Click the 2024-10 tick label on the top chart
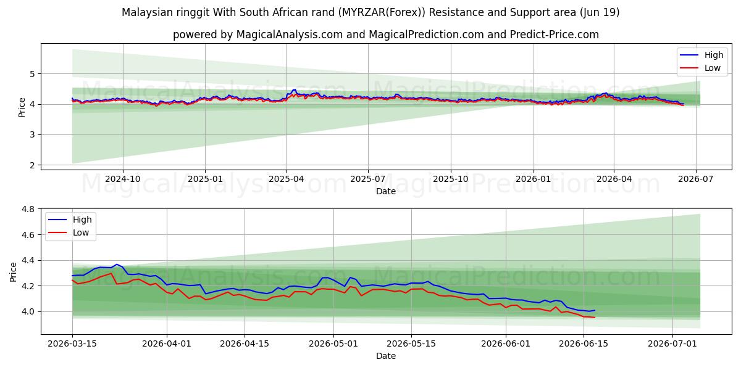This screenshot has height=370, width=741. pos(123,179)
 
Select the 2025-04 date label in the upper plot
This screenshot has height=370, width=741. pos(286,179)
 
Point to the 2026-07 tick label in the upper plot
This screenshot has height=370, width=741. pos(696,179)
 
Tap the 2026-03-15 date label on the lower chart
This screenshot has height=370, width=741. pos(72,343)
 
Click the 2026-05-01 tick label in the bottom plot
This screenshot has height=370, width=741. pos(333,343)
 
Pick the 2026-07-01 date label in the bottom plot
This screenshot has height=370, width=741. pos(672,343)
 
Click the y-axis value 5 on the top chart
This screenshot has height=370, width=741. pos(32,74)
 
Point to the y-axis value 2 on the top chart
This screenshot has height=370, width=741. pos(32,165)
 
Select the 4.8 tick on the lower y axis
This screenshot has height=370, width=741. pos(28,209)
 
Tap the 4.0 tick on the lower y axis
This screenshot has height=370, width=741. pos(28,311)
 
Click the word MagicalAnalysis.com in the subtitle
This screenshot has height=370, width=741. pos(290,35)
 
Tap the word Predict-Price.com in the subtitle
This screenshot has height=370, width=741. pos(555,35)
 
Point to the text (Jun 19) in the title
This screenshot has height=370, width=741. pos(600,12)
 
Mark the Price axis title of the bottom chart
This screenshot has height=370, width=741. pos(13,272)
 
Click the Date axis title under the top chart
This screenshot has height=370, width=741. pos(386,191)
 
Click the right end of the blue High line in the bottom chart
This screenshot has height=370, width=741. pos(595,310)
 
